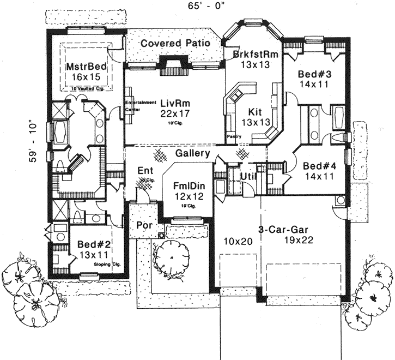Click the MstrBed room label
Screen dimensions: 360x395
pos(86,66)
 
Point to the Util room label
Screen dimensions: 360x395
pos(250,177)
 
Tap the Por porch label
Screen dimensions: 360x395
pos(143,224)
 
